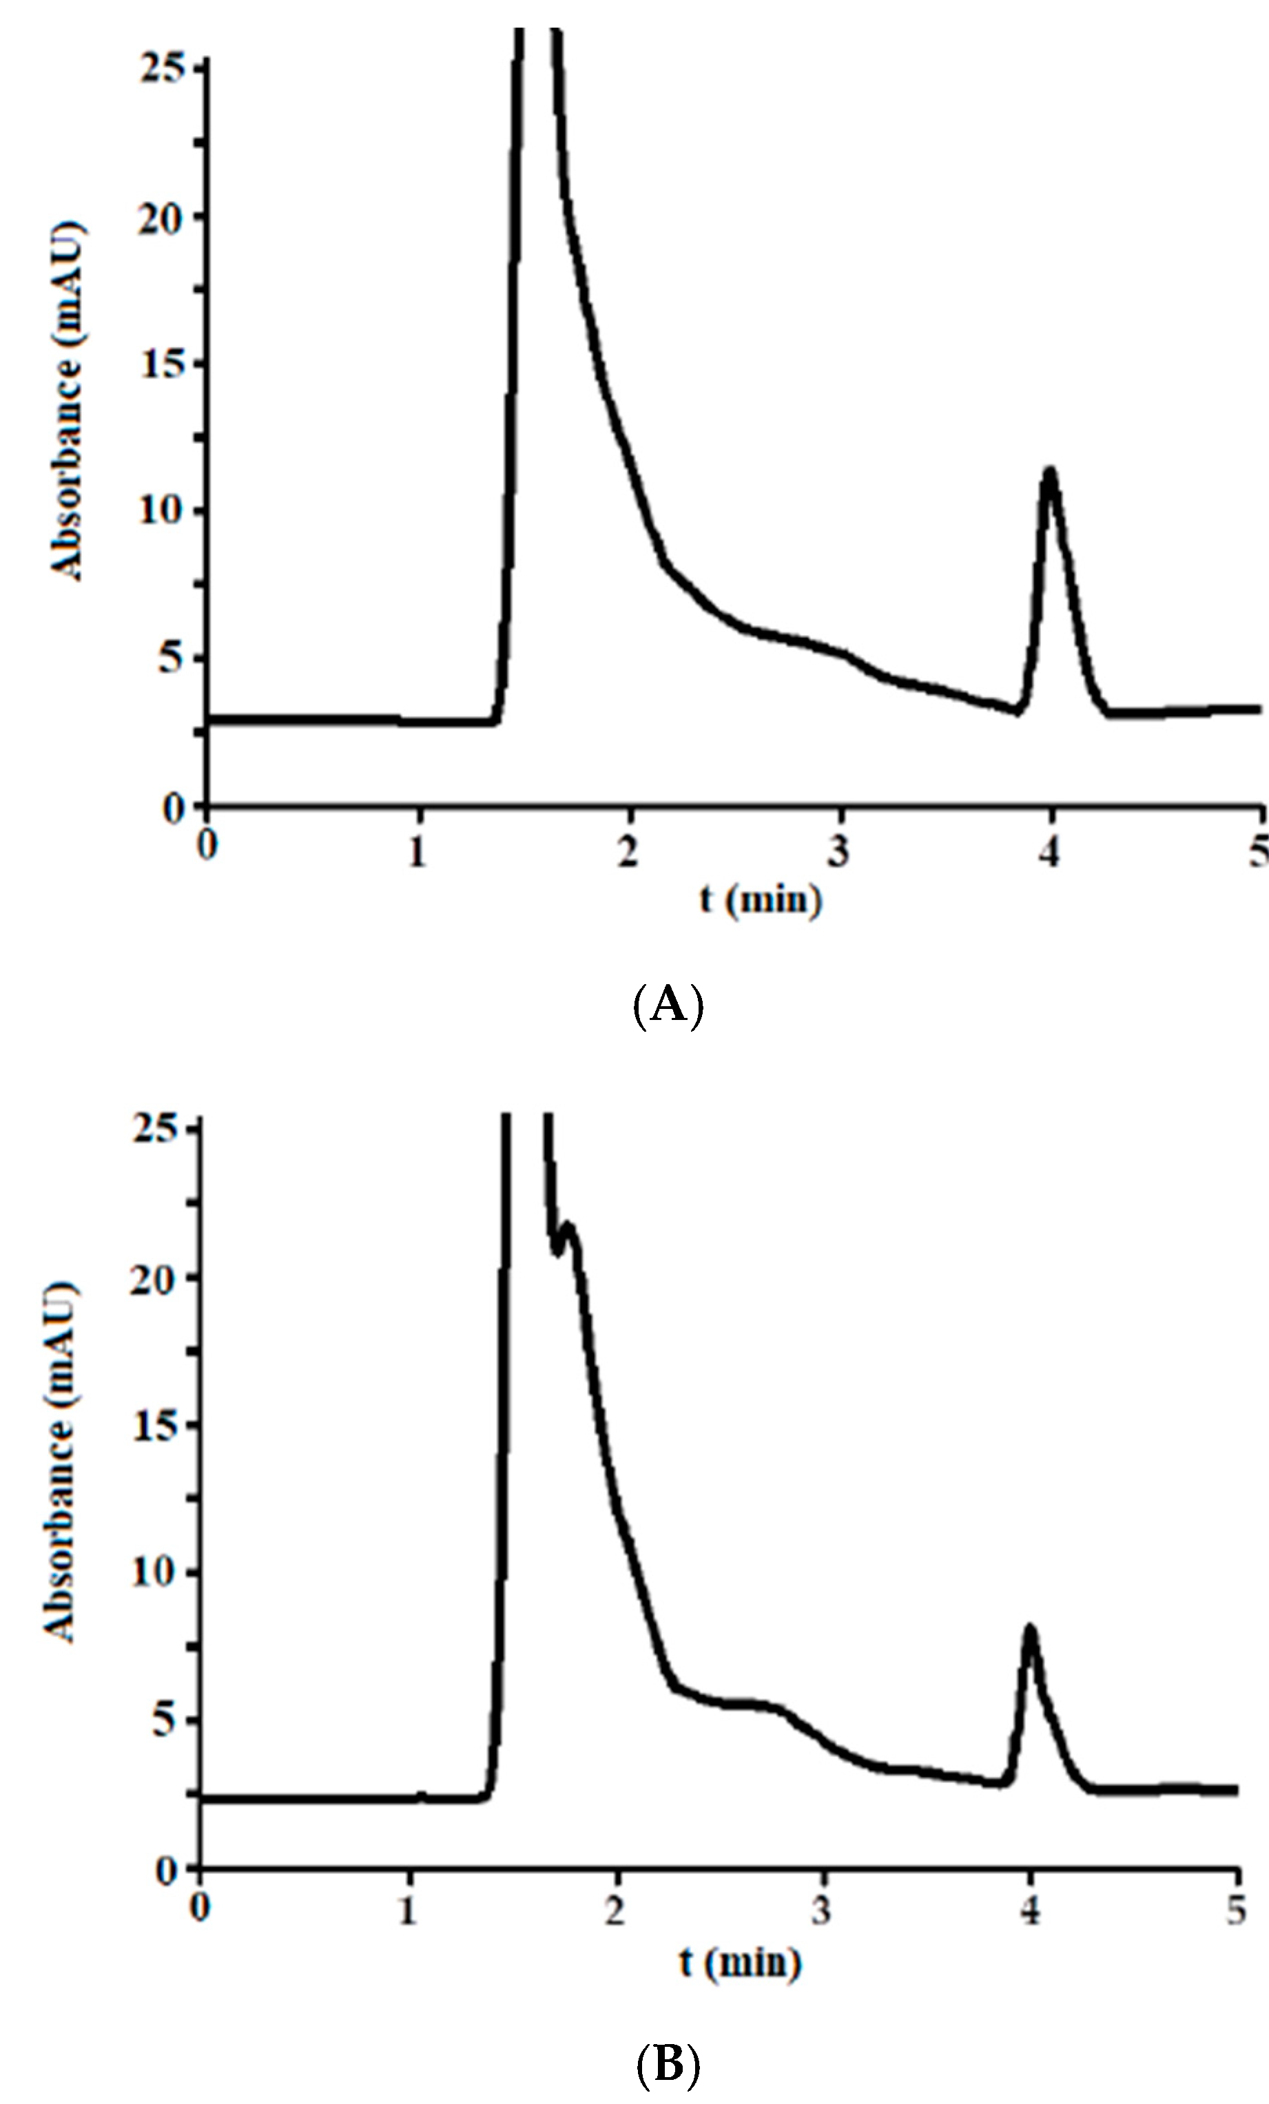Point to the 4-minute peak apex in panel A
coord(1049,470)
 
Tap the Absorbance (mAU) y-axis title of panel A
coord(69,402)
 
